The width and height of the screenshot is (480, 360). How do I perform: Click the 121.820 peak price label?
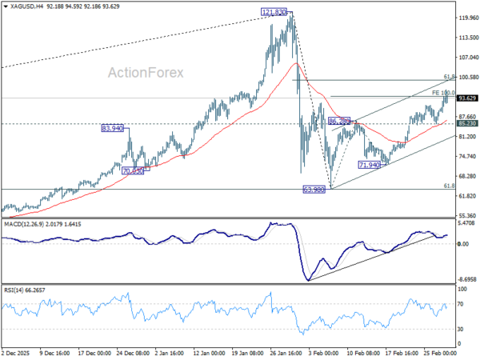274,13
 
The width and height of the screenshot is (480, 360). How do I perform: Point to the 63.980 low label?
314,190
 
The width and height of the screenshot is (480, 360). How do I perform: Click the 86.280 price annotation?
339,122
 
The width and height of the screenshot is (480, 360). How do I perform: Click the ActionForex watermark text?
146,73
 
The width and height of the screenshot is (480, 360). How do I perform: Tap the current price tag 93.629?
468,98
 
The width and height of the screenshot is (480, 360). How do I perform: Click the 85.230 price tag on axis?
468,123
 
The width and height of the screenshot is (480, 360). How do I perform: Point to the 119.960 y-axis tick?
468,18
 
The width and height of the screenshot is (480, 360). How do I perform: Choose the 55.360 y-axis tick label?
468,216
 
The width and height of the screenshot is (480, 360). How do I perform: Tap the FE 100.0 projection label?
442,94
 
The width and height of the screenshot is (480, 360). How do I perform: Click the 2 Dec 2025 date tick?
17,352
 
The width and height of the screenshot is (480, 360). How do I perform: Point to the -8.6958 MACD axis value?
468,280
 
